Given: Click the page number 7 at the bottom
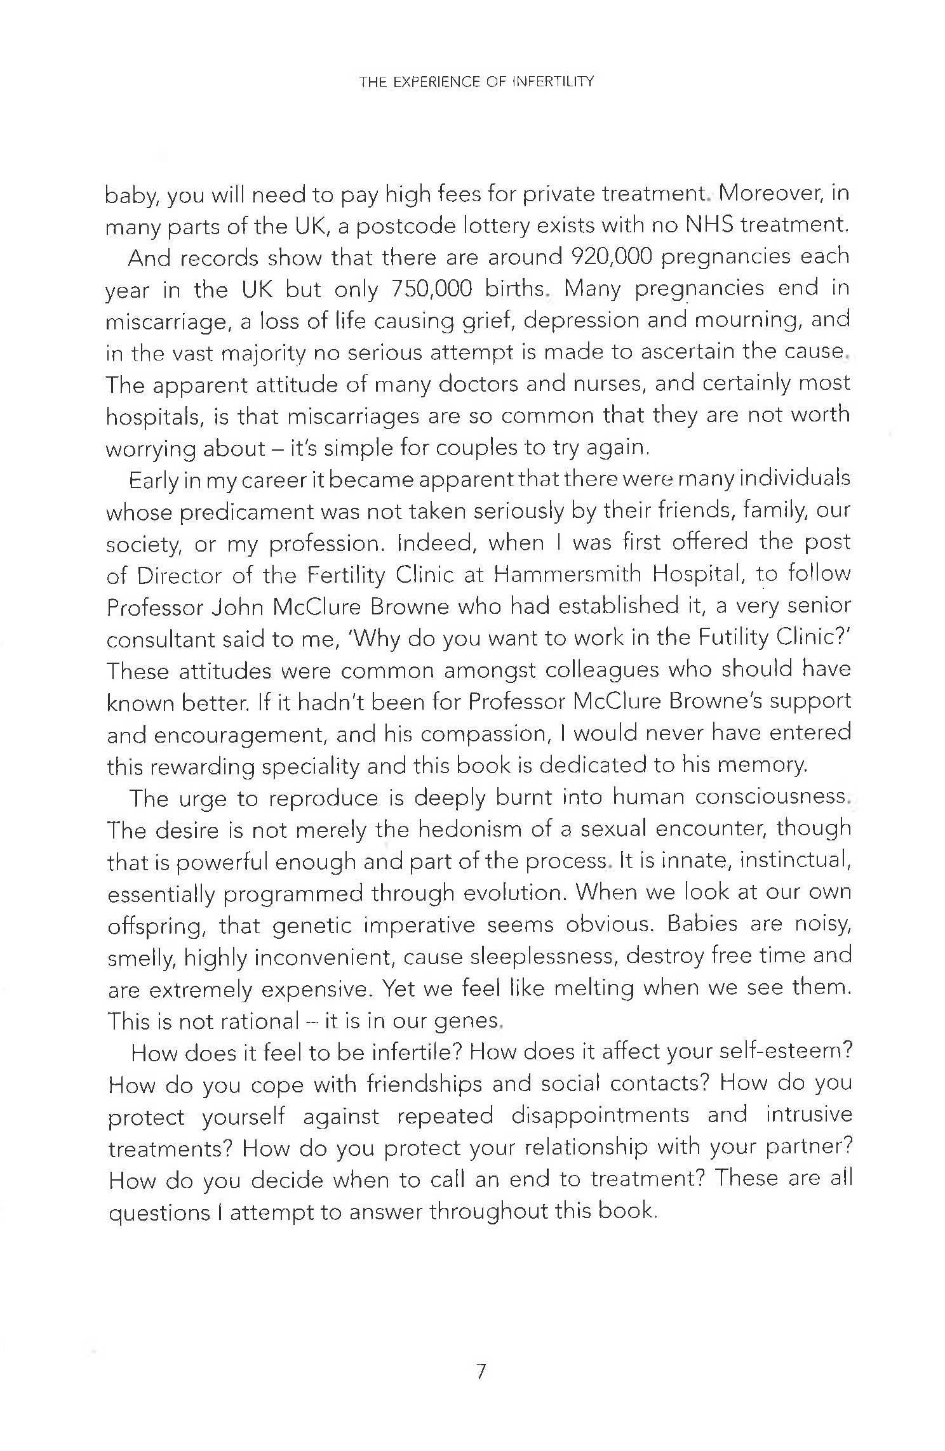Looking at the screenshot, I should (x=480, y=1372).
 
